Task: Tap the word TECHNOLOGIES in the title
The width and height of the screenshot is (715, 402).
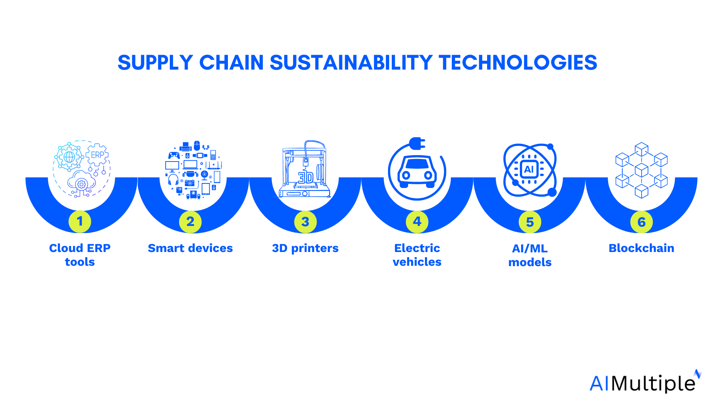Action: tap(518, 63)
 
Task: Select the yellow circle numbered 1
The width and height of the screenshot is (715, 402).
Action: tap(80, 221)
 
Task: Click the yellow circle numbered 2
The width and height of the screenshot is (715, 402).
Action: tap(190, 222)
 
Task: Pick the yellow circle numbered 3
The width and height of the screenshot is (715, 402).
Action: tap(305, 222)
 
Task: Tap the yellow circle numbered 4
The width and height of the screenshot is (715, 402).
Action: tap(417, 222)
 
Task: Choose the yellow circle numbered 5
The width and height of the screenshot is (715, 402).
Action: tap(530, 222)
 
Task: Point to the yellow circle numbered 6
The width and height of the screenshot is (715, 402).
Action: tap(641, 222)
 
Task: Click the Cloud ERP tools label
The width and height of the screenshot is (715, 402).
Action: tap(80, 255)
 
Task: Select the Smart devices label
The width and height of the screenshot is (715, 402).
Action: tap(190, 248)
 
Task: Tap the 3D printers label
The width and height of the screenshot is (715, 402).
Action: tap(305, 249)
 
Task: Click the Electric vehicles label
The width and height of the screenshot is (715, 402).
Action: tap(417, 255)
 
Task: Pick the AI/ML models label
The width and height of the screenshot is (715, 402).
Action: tap(530, 255)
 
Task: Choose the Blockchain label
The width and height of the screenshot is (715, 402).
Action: tap(641, 248)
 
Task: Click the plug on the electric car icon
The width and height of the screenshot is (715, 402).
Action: tap(417, 143)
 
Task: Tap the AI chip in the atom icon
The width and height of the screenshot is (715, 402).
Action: tap(529, 169)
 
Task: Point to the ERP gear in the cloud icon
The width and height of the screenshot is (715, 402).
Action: tap(97, 154)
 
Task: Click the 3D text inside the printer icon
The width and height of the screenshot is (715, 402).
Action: tap(306, 178)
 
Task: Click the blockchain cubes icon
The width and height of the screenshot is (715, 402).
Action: tap(641, 170)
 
